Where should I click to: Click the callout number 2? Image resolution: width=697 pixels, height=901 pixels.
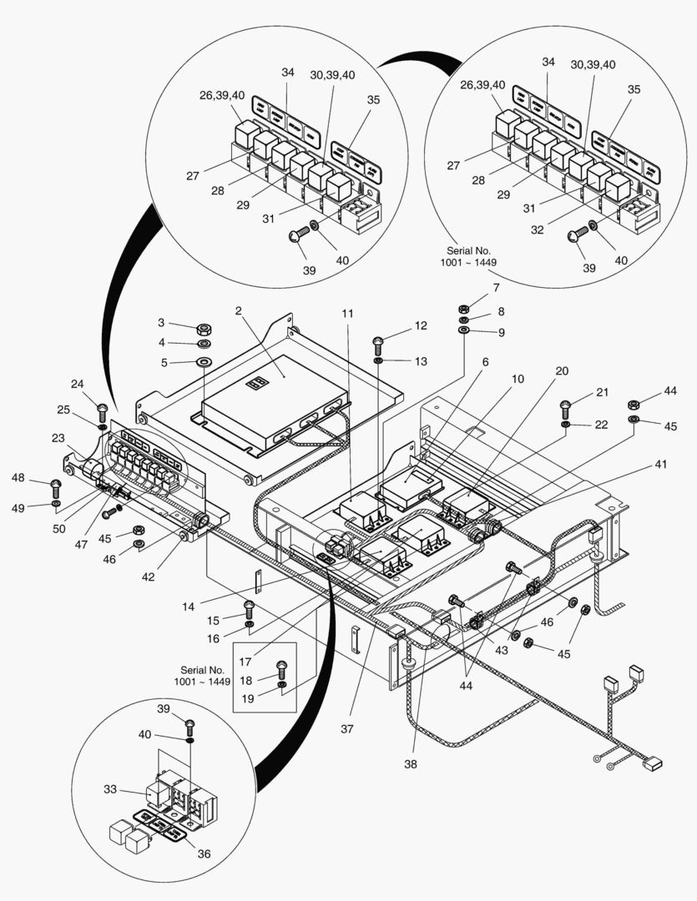click(238, 311)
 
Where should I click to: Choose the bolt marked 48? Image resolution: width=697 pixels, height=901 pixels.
click(56, 486)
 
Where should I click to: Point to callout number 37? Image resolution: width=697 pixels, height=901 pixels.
click(346, 728)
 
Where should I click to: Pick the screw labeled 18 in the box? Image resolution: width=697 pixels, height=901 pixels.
click(280, 667)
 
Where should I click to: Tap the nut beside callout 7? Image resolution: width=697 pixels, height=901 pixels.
click(465, 306)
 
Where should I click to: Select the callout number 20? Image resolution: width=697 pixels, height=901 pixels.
click(562, 371)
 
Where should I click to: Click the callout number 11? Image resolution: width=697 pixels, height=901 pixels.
click(347, 314)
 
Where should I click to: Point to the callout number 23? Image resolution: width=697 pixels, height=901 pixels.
click(58, 438)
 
